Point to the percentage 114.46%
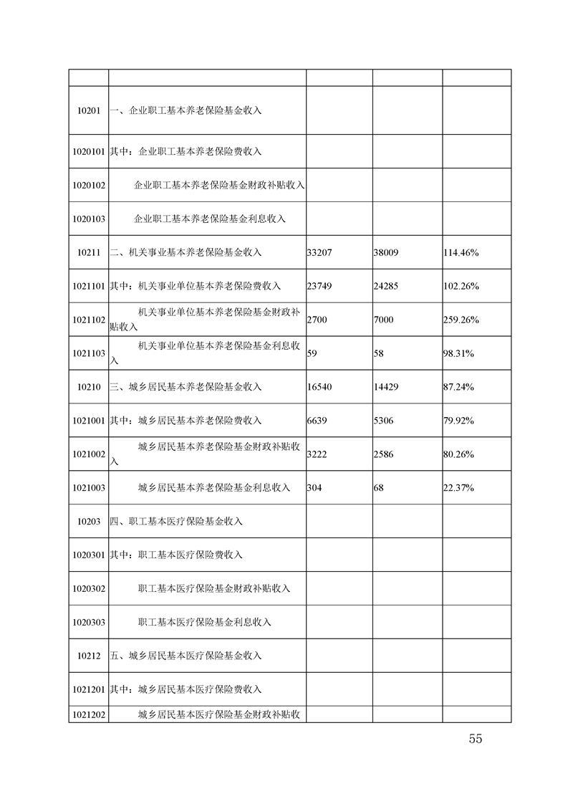click(x=461, y=252)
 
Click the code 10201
click(x=88, y=111)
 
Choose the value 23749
click(x=319, y=286)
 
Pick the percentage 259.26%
click(x=461, y=320)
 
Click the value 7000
click(x=383, y=320)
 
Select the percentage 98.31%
click(x=459, y=353)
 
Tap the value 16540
click(x=319, y=387)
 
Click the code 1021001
click(x=89, y=421)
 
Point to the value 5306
click(x=383, y=421)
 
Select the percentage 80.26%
click(x=459, y=454)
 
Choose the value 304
click(x=314, y=488)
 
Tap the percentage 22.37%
click(x=459, y=488)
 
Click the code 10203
click(x=88, y=522)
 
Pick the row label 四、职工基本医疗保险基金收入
click(x=176, y=522)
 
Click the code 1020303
click(x=89, y=622)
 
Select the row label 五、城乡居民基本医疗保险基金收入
click(x=186, y=656)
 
